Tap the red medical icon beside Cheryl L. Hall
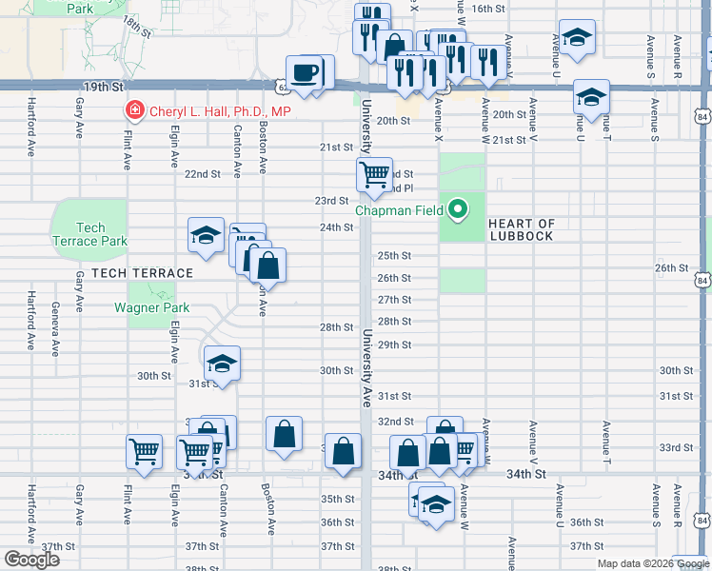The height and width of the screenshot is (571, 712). [135, 111]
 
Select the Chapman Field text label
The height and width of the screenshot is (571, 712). [401, 210]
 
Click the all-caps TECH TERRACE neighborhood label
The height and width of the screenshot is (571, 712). [129, 273]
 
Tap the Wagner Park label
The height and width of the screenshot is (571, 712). [151, 307]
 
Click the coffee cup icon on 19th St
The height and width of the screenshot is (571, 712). [306, 73]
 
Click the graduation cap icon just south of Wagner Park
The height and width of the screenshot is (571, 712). [222, 363]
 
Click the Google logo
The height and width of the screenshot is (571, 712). [31, 559]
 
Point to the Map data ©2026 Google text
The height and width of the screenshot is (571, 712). [652, 563]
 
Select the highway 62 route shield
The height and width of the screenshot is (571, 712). [285, 87]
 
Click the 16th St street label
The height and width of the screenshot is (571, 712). [487, 9]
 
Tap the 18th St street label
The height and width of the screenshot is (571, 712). [136, 26]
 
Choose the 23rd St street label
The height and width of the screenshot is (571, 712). [333, 201]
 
